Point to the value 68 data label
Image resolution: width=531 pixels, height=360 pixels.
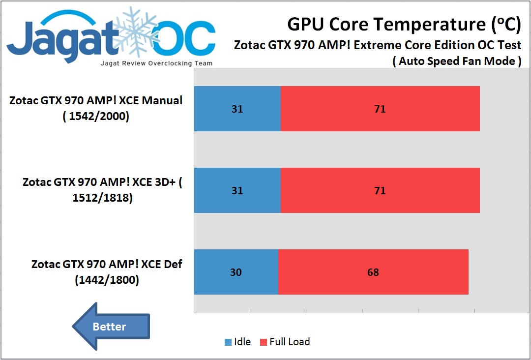point(373,272)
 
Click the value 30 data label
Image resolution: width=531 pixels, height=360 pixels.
point(236,272)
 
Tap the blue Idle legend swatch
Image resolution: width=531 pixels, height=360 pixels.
point(228,342)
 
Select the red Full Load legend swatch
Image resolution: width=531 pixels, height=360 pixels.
point(264,342)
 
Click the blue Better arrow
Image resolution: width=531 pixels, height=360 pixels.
point(111,327)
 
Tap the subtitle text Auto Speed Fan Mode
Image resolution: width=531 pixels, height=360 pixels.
point(457,61)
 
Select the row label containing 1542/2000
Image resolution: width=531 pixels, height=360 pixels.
point(96,109)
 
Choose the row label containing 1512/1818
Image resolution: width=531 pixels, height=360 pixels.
point(102,190)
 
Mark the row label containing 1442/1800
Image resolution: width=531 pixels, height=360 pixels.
point(107,272)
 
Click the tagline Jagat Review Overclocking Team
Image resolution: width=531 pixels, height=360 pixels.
point(156,63)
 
